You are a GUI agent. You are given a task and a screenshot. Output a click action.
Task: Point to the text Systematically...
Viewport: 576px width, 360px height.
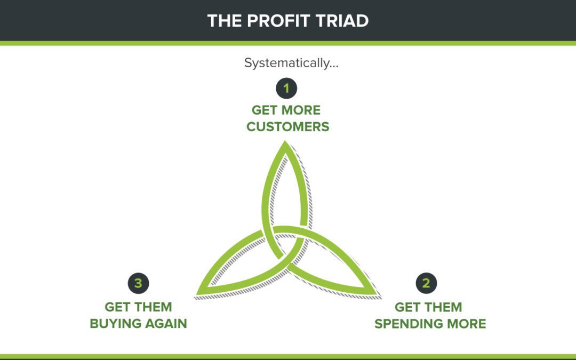pyautogui.click(x=291, y=63)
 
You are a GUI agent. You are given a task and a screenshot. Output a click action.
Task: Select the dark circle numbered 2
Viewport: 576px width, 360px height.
pyautogui.click(x=426, y=283)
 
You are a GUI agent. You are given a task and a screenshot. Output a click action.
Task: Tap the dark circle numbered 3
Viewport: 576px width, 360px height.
pyautogui.click(x=138, y=283)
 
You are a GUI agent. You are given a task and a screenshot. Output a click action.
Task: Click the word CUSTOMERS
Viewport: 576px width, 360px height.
pyautogui.click(x=287, y=127)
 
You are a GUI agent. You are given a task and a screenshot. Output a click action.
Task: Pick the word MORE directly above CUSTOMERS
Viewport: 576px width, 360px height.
pyautogui.click(x=302, y=110)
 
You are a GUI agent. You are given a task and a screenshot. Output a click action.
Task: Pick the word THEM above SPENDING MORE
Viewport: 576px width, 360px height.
pyautogui.click(x=443, y=307)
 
